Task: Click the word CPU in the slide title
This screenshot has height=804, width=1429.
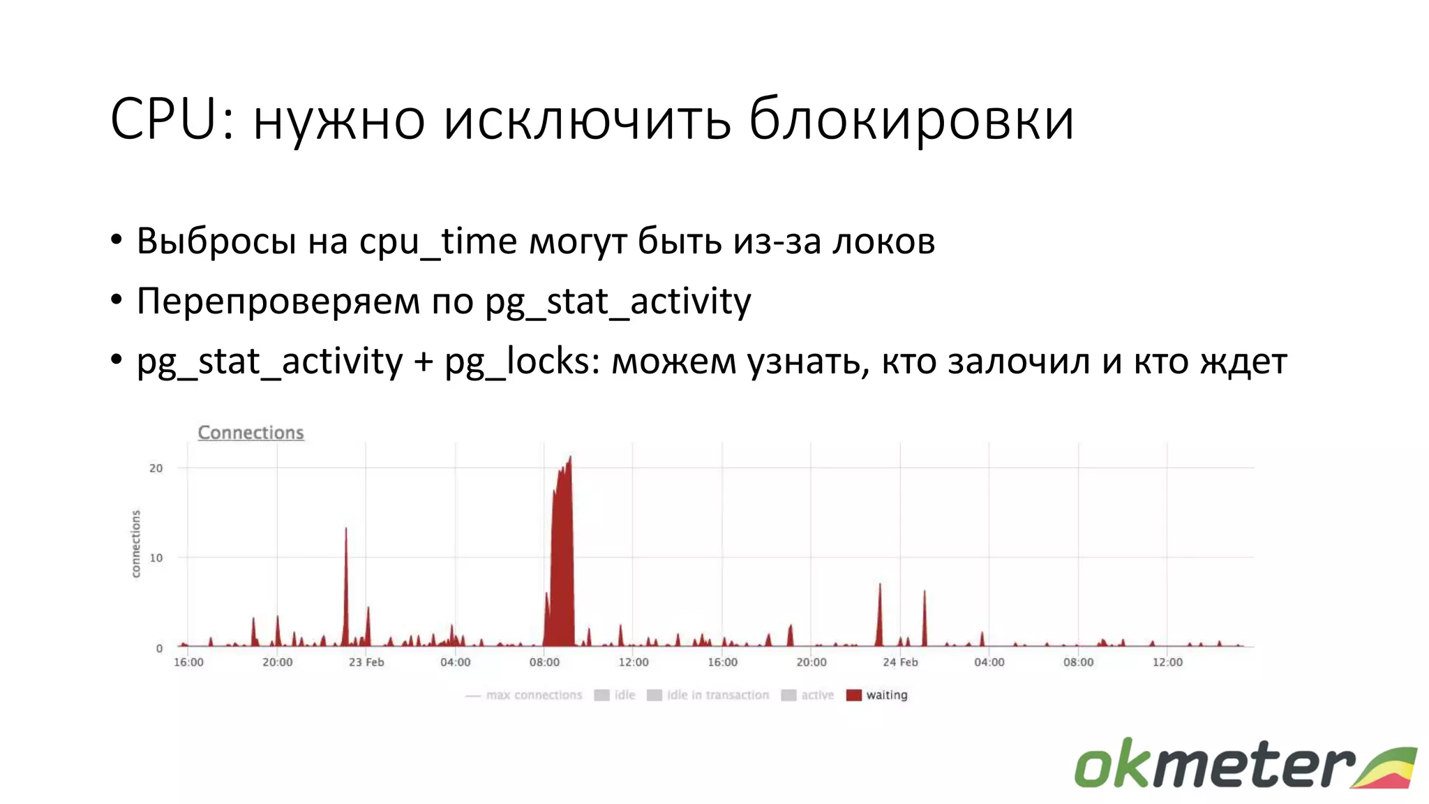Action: pos(164,119)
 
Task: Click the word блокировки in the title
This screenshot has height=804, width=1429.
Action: pos(911,119)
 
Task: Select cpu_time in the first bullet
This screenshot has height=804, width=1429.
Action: pos(438,241)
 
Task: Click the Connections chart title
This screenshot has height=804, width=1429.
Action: pos(250,433)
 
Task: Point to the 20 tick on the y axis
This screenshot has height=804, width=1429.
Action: pos(156,468)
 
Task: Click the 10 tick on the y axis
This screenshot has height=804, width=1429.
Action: pos(156,558)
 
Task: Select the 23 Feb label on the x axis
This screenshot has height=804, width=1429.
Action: pos(366,662)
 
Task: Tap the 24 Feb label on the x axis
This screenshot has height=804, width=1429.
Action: pos(900,662)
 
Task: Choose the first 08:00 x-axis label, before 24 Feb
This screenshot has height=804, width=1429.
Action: pos(544,662)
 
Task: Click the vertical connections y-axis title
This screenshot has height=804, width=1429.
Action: pos(136,544)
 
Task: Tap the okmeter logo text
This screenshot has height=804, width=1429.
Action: pos(1214,765)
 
